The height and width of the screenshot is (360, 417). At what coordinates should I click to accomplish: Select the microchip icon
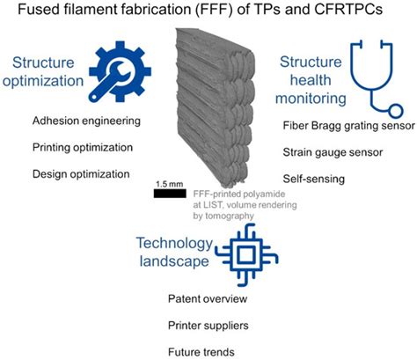click(x=246, y=254)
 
